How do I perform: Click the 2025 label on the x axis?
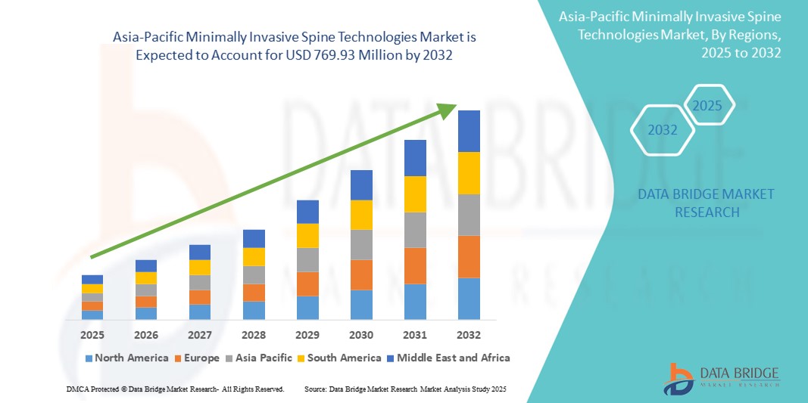pos(92,334)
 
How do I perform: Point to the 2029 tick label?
pos(307,334)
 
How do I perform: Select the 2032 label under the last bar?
pos(468,334)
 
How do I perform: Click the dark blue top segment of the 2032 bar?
pos(469,131)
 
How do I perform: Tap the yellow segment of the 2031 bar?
pos(415,194)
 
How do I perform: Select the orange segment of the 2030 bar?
pos(361,274)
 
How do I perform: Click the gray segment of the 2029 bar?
pos(307,259)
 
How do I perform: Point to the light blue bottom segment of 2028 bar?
pos(254,310)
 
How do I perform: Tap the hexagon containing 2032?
pos(663,130)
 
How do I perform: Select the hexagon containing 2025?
pos(708,105)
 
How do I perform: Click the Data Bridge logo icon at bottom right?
pos(679,378)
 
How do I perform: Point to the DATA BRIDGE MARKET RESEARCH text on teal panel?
pos(706,203)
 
